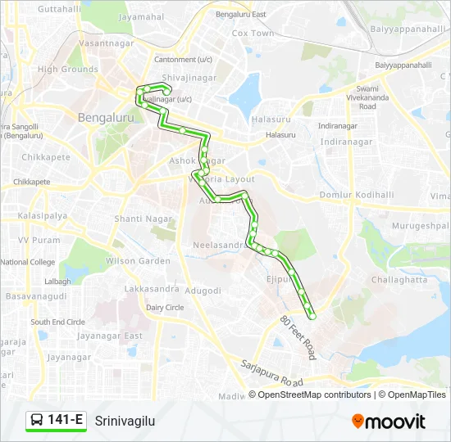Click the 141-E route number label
(66, 421)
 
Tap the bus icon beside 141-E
(37, 421)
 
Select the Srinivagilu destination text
(125, 422)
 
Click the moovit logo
(389, 422)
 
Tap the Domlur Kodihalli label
(357, 195)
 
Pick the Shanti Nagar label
(143, 219)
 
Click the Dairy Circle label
(165, 307)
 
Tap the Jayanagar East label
(109, 336)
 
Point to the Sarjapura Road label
(271, 374)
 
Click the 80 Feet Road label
(298, 338)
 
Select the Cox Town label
(253, 34)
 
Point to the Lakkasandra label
(152, 289)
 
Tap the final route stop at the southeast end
(312, 316)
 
